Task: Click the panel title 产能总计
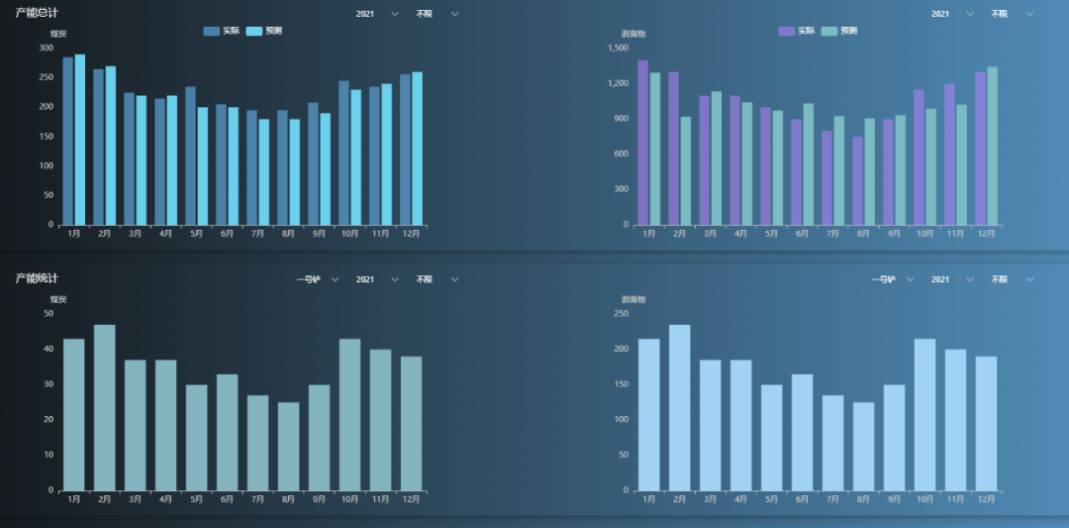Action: click(37, 13)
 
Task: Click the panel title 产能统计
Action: click(37, 278)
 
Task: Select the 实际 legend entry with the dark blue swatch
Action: click(222, 32)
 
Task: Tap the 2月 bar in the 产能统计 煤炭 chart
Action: click(105, 407)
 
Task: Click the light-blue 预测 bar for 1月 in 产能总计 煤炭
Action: click(80, 140)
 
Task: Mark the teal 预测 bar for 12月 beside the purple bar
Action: click(992, 146)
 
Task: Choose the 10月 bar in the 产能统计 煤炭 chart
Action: click(349, 414)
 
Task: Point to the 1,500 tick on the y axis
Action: click(619, 48)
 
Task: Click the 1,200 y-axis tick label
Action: click(619, 83)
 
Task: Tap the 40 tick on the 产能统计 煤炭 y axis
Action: click(49, 349)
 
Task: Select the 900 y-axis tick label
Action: click(622, 119)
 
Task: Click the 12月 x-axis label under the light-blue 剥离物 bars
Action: click(986, 499)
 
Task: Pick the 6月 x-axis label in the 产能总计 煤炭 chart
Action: click(227, 234)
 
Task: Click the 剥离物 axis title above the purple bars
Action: click(633, 35)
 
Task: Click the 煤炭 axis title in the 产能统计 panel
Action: click(58, 299)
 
